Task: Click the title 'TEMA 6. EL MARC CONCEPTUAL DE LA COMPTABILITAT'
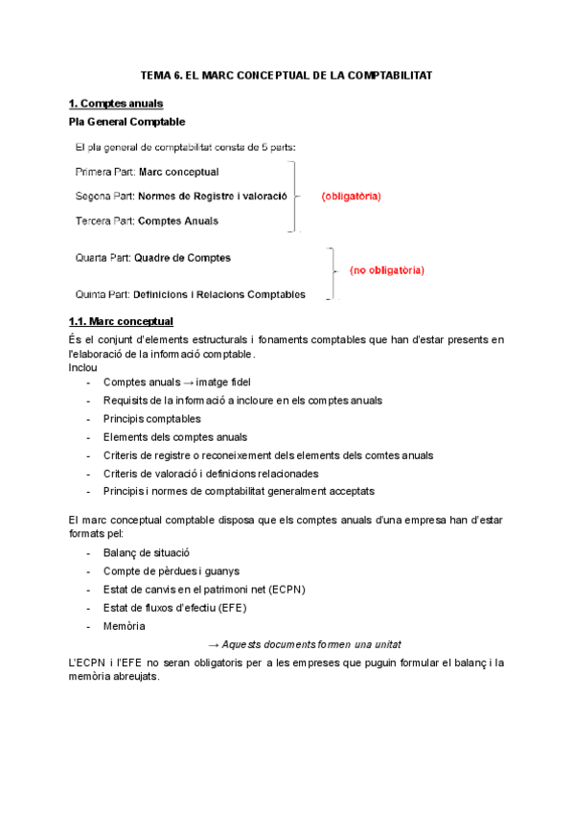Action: pyautogui.click(x=287, y=74)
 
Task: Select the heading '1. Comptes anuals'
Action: pyautogui.click(x=115, y=104)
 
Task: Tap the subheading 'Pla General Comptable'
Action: pyautogui.click(x=127, y=122)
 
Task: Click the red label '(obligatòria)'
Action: pyautogui.click(x=351, y=197)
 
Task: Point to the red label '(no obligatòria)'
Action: pyautogui.click(x=386, y=270)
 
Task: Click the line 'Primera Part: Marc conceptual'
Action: pyautogui.click(x=147, y=172)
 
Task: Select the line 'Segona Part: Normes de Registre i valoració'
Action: pyautogui.click(x=181, y=197)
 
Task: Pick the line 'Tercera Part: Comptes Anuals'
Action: pyautogui.click(x=147, y=221)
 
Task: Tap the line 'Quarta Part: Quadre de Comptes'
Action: pyautogui.click(x=152, y=258)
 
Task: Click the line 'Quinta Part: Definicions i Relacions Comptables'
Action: pyautogui.click(x=190, y=294)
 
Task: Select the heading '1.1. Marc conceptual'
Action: pyautogui.click(x=121, y=321)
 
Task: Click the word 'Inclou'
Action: pyautogui.click(x=82, y=367)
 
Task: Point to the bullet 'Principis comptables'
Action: pyautogui.click(x=151, y=418)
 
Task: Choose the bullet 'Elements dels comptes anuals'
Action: pyautogui.click(x=174, y=436)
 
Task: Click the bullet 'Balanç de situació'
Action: pyautogui.click(x=147, y=552)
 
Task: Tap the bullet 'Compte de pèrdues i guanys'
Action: pyautogui.click(x=171, y=570)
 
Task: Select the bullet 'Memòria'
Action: pyautogui.click(x=125, y=625)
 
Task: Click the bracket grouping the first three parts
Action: pyautogui.click(x=296, y=197)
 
